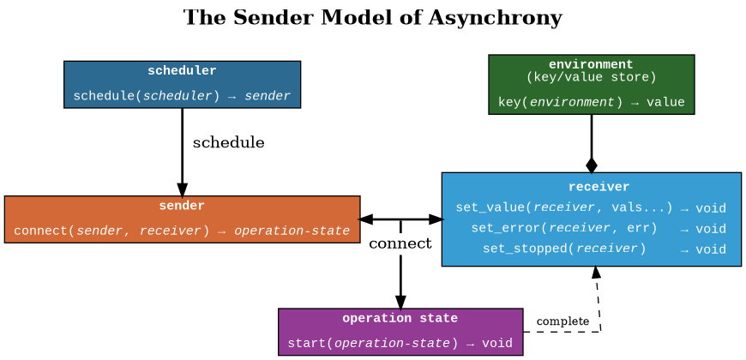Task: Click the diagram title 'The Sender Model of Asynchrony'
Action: pos(373,18)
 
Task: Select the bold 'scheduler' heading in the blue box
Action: pos(182,71)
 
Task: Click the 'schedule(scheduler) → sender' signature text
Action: pos(182,95)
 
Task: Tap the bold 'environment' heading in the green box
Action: pos(591,64)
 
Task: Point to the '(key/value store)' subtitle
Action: pos(591,77)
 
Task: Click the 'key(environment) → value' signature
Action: pos(591,102)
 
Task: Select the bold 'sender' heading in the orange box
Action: pos(182,206)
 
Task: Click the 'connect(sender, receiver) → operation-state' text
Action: pos(182,231)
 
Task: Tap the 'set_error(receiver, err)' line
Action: pos(564,228)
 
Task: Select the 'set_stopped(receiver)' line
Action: pos(564,249)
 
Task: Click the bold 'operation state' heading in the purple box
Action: pos(400,318)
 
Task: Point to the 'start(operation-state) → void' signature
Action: pos(400,343)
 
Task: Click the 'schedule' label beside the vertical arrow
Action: pos(228,142)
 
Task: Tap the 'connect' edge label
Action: pos(400,244)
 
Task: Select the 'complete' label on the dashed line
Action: pos(563,321)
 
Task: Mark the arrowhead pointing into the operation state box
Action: pos(400,301)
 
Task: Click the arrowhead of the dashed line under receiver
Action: pos(595,273)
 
